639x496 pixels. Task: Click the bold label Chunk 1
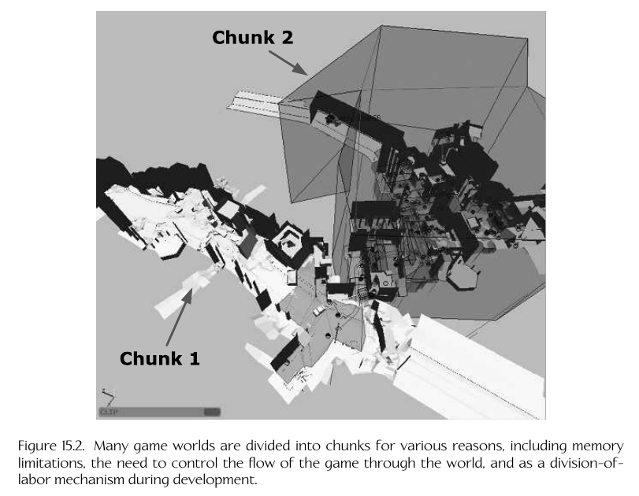(x=160, y=358)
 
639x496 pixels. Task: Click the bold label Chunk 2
(x=253, y=37)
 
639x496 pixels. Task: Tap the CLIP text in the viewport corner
(x=109, y=411)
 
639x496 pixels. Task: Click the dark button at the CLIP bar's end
(x=211, y=411)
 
